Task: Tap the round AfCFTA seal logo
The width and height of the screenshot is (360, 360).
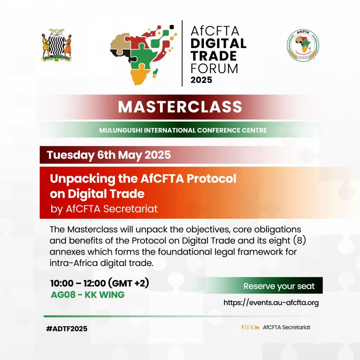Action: pos(303,45)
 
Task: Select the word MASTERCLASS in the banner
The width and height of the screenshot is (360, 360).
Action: pos(180,107)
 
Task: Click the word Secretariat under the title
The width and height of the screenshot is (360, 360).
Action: pos(130,209)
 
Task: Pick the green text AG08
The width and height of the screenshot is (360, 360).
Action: pos(63,295)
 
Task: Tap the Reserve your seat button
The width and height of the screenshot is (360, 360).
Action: pos(279,286)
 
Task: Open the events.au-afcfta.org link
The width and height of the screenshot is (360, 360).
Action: pos(271,303)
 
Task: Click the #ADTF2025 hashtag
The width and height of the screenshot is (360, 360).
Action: pos(66,329)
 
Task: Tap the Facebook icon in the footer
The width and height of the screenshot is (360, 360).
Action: pos(243,327)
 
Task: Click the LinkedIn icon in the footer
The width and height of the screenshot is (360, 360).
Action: pos(257,327)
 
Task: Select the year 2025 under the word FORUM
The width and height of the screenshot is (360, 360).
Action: pos(201,80)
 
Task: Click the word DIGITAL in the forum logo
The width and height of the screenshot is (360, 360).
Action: pos(218,44)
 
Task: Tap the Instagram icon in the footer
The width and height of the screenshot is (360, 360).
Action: pos(247,327)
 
